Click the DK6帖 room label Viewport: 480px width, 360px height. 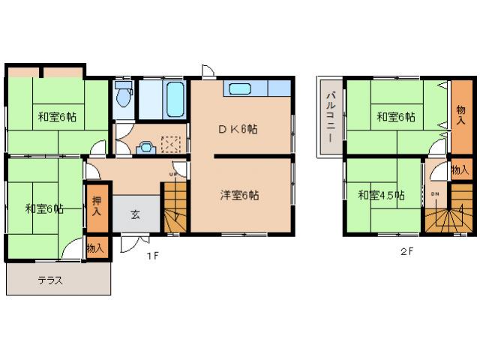238,129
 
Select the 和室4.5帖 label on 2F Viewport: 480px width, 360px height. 381,196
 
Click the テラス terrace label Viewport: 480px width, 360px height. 49,281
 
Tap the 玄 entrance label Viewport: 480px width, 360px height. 135,215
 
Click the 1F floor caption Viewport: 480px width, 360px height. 151,255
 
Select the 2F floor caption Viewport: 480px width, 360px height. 406,252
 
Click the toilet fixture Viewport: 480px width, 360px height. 124,97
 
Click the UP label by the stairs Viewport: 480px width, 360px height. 173,175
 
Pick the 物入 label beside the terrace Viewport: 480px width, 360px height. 95,247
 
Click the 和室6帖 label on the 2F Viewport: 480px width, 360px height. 395,117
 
